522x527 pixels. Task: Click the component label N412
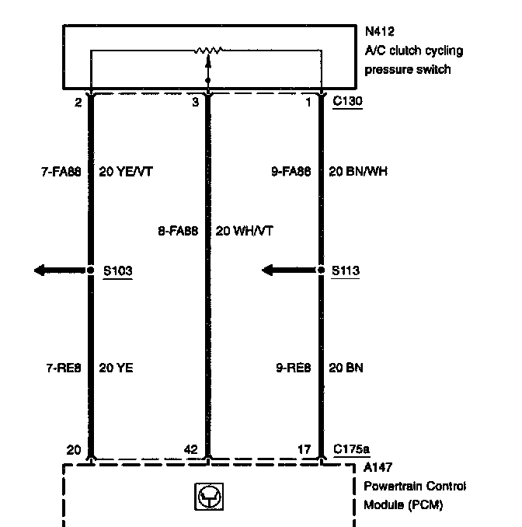pos(380,33)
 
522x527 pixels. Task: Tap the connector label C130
pos(347,101)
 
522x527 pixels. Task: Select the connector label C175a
pos(351,449)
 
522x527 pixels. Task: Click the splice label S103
pos(118,271)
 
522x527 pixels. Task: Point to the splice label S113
pos(346,271)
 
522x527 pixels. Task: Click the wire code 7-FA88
pos(61,172)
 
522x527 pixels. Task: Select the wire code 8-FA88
pos(179,230)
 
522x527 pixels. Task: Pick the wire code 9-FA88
pos(291,172)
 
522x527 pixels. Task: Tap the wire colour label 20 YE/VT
pos(126,172)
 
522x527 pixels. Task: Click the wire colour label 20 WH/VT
pos(244,230)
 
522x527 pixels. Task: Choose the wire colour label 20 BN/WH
pos(357,172)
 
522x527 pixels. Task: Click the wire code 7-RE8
pos(63,368)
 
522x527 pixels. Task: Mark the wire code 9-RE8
pos(293,368)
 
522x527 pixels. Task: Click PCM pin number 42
pos(190,449)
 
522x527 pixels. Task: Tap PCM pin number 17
pos(306,449)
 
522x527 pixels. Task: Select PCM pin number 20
pos(74,449)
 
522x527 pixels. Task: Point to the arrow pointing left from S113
pos(290,270)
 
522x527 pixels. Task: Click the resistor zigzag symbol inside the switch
pos(207,51)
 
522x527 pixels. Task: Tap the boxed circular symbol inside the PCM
pos(207,497)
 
